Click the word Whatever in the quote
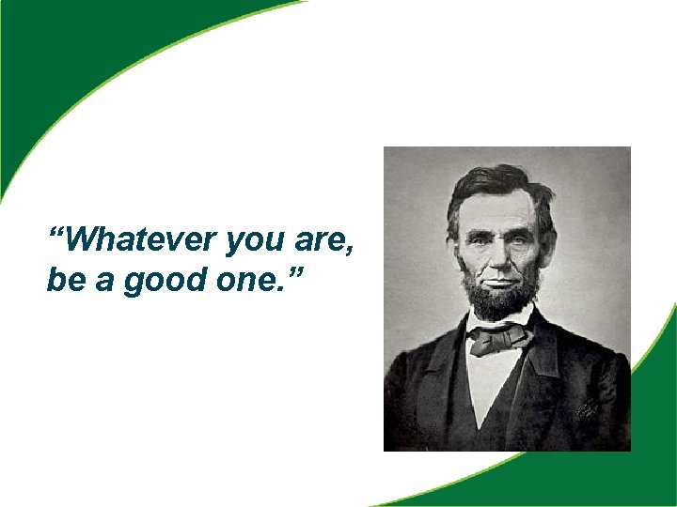pyautogui.click(x=142, y=241)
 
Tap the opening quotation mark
pyautogui.click(x=57, y=233)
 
